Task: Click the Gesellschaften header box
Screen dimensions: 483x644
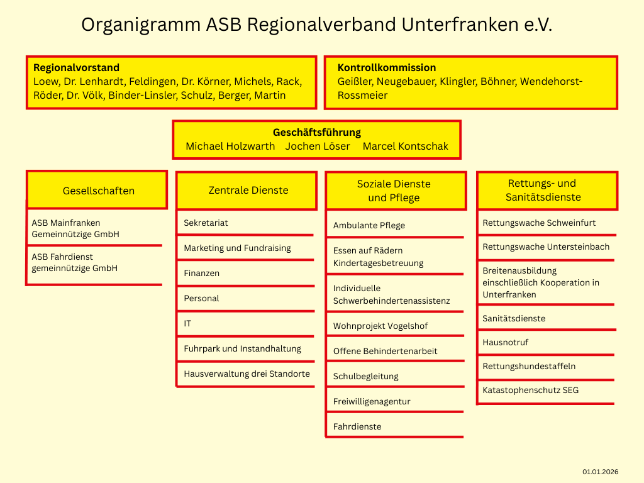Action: pyautogui.click(x=98, y=191)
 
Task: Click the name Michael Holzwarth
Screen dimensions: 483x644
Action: pyautogui.click(x=230, y=146)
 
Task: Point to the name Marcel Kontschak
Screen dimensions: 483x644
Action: pyautogui.click(x=406, y=146)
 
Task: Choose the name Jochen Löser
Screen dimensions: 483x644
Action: pyautogui.click(x=318, y=146)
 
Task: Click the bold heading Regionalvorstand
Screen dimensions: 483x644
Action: pyautogui.click(x=76, y=68)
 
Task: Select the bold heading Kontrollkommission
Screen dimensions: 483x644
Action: pyautogui.click(x=387, y=68)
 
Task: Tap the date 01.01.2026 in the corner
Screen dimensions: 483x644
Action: pyautogui.click(x=600, y=472)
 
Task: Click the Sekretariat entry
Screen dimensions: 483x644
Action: pyautogui.click(x=206, y=223)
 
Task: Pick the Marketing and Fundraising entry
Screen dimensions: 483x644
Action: pyautogui.click(x=237, y=248)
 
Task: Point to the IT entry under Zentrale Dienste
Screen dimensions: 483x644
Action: pyautogui.click(x=187, y=323)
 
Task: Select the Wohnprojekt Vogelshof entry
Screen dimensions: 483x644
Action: pyautogui.click(x=380, y=326)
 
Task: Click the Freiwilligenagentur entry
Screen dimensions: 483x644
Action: pyautogui.click(x=372, y=401)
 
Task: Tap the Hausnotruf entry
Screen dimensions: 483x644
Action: pyautogui.click(x=505, y=342)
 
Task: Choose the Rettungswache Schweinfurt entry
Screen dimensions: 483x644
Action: pyautogui.click(x=539, y=223)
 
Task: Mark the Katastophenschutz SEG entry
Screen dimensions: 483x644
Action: pyautogui.click(x=530, y=390)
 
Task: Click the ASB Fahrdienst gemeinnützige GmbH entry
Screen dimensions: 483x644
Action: pyautogui.click(x=75, y=262)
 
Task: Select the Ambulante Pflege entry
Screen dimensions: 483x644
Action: pyautogui.click(x=369, y=225)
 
